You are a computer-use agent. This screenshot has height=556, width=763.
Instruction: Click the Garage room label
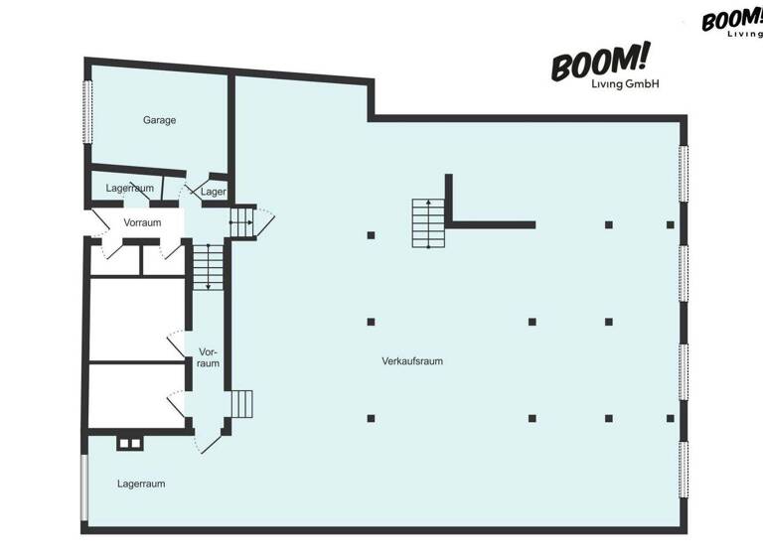pos(159,120)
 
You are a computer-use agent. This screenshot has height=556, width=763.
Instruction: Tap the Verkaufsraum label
pos(411,361)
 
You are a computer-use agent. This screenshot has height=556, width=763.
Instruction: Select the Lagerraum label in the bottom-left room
pos(141,485)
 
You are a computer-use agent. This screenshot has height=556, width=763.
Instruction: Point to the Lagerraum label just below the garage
pos(129,188)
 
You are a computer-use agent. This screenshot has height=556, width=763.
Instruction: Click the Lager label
pos(214,192)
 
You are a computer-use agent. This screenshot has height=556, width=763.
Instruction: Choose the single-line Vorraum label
pos(142,222)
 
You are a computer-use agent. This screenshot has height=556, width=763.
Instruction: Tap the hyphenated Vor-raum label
pos(208,357)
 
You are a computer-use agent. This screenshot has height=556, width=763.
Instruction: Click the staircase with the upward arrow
pos(428,223)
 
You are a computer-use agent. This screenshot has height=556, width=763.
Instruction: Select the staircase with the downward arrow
pos(208,266)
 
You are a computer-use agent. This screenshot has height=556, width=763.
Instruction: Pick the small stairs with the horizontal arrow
pos(241,223)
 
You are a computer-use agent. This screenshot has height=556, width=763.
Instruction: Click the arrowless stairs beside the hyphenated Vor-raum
pos(241,403)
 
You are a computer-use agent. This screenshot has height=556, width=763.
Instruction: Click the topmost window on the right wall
pos(684,175)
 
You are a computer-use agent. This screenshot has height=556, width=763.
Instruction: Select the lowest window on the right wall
pos(684,472)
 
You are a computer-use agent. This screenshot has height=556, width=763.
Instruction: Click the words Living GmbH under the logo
pos(618,84)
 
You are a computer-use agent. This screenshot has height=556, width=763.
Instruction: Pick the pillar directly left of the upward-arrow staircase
pos(371,235)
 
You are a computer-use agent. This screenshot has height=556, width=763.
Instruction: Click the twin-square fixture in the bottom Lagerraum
pos(129,442)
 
